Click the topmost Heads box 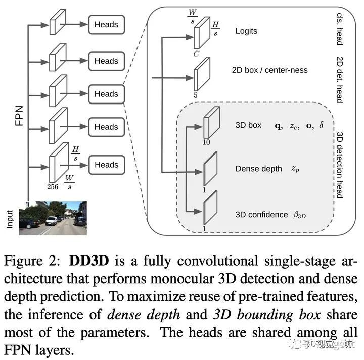[x=107, y=25]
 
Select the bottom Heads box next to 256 [x=107, y=165]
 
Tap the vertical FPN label [x=19, y=116]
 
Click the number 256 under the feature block [x=53, y=187]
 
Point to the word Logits [x=246, y=31]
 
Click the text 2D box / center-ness [x=270, y=70]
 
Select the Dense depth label [x=259, y=169]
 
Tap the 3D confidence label [x=262, y=215]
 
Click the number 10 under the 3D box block [x=206, y=142]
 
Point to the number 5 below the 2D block [x=196, y=95]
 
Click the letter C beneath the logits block [x=196, y=54]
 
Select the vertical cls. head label [x=339, y=29]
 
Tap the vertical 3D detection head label [x=339, y=165]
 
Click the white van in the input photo [x=52, y=221]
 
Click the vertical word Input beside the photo [x=10, y=219]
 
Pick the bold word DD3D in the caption [x=89, y=261]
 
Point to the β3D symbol [x=299, y=215]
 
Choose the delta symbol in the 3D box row [x=322, y=125]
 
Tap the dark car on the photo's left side [x=29, y=223]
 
